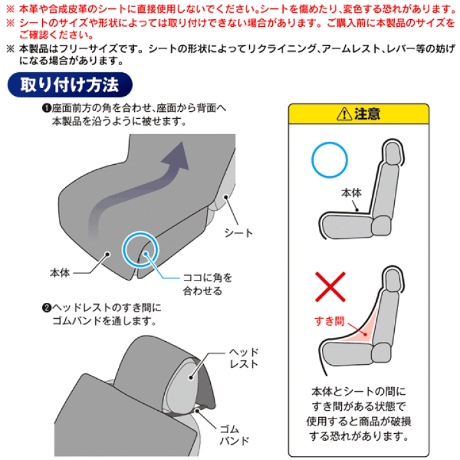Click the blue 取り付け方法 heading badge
coord(70,85)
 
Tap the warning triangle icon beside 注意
coord(344,114)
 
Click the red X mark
coord(330,287)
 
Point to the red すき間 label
coord(330,321)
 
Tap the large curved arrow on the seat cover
coord(132,190)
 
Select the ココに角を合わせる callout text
coord(208,284)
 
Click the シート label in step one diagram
coord(238,233)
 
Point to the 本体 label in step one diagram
coord(60,273)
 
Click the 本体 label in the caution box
coord(351,193)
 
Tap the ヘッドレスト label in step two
coord(243,358)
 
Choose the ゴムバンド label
coord(234,435)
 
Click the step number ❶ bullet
coord(47,108)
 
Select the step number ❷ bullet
coord(47,308)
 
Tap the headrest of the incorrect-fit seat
coord(392,279)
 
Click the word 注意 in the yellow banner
coord(367,114)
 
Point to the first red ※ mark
coord(10,9)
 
